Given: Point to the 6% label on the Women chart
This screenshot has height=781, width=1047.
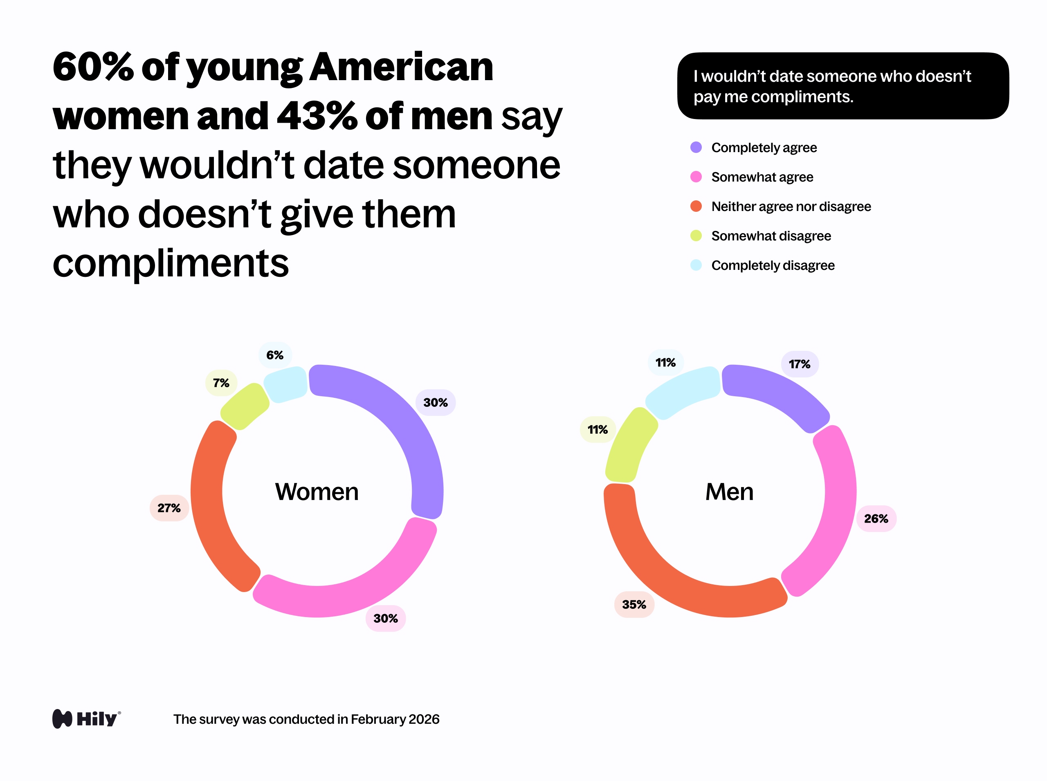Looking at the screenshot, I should pos(275,355).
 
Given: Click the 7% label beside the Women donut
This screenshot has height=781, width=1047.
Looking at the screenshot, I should pos(221,383).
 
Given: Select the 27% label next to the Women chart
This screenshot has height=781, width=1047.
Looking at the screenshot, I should pos(169,508).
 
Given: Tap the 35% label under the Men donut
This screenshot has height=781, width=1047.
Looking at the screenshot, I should pos(634,605).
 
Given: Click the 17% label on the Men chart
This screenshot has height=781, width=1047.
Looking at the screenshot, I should pos(799,364).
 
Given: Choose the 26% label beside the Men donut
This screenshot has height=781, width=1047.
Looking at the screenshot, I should pos(876,518).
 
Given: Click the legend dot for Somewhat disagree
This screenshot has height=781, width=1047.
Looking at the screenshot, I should pos(696,236).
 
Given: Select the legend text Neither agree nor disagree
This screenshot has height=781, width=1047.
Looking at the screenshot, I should pos(791,206).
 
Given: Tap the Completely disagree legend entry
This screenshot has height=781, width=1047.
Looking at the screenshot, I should pos(773,265).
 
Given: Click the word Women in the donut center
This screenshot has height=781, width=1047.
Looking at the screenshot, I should pos(317,491).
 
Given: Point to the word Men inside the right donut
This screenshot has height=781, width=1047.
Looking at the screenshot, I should pos(729,491).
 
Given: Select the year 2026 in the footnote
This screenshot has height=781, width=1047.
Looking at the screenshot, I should pos(424,719).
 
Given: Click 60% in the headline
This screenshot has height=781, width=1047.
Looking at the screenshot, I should pos(93,67).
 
